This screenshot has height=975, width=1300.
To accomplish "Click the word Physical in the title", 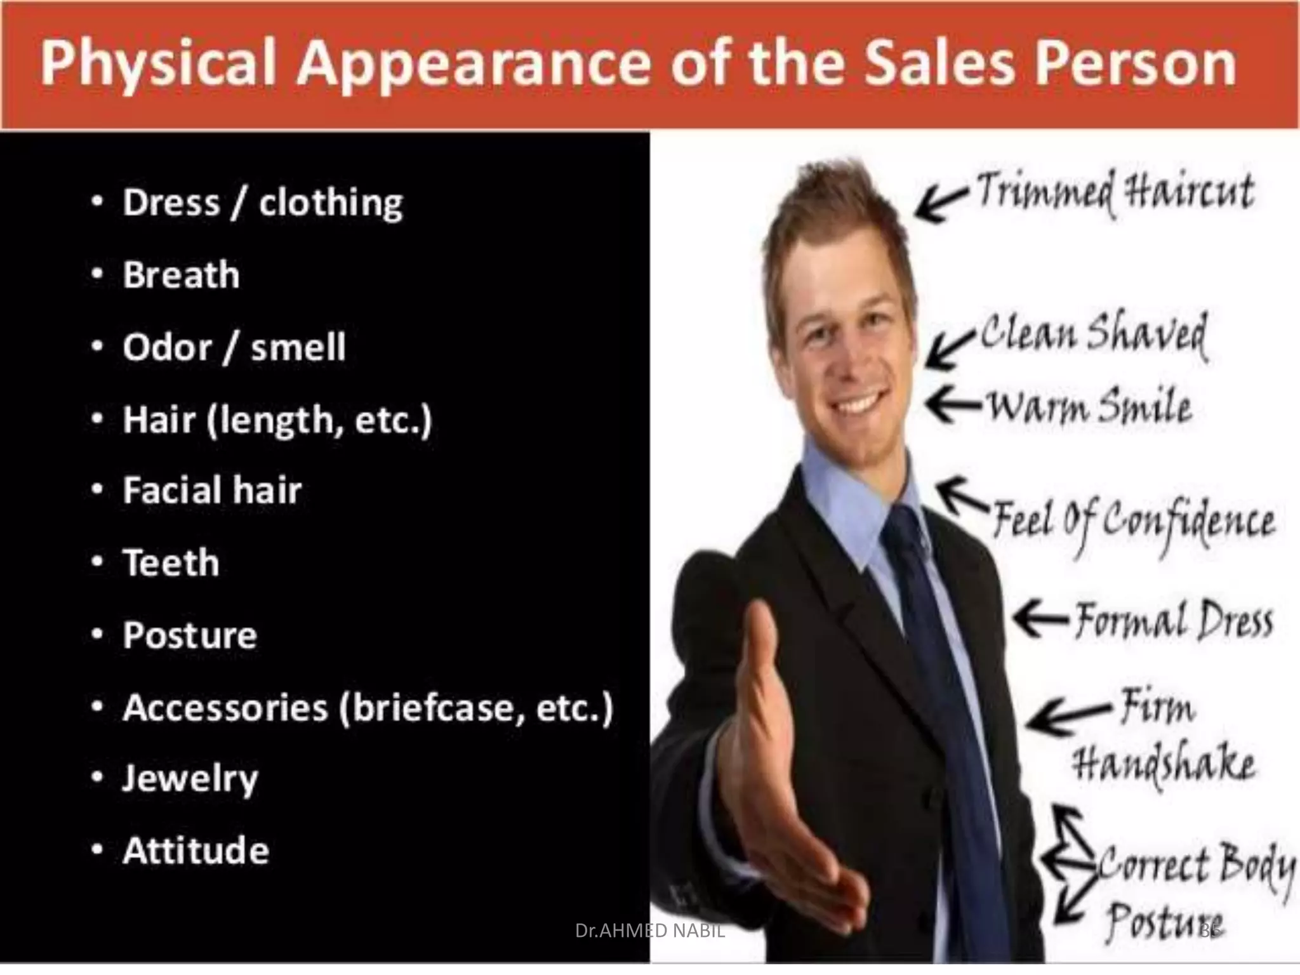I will (159, 65).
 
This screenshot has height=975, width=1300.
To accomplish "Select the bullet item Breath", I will (181, 275).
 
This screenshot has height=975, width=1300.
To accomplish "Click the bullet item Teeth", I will (171, 563).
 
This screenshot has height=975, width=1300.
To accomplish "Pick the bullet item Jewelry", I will (190, 779).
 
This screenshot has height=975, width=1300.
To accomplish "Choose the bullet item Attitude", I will (196, 851).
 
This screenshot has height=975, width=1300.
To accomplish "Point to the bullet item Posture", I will (190, 635).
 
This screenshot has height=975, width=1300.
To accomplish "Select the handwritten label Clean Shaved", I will (1094, 335).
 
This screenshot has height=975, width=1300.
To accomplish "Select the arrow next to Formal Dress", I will (1041, 617).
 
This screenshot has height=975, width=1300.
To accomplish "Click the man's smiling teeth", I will (860, 404).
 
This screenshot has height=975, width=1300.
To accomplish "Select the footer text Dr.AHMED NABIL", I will (649, 931).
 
